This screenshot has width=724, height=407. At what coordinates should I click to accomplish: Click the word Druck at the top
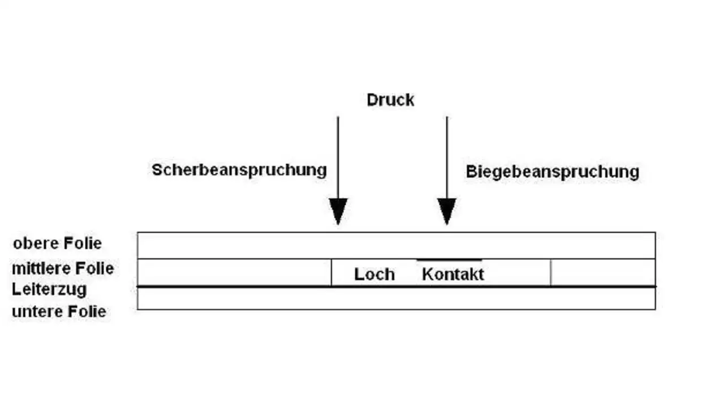point(390,100)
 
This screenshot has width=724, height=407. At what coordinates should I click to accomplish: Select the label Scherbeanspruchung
point(239,170)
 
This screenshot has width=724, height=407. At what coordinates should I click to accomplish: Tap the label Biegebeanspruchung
point(552,172)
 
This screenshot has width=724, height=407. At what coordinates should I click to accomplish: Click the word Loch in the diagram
point(374,275)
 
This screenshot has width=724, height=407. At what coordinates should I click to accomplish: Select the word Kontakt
point(453,275)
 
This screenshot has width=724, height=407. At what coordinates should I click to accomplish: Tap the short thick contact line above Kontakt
point(449,260)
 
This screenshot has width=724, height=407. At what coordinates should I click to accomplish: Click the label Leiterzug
point(49,289)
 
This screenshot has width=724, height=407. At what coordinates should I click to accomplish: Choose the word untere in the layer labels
point(36,311)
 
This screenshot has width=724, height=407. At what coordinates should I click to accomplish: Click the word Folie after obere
point(81,243)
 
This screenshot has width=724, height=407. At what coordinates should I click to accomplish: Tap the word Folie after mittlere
point(93,268)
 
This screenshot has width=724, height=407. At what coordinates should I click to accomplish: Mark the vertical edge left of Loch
point(331,273)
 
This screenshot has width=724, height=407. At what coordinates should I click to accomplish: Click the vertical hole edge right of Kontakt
point(550,273)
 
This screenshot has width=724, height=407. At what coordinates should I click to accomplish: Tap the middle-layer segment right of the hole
point(603,273)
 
